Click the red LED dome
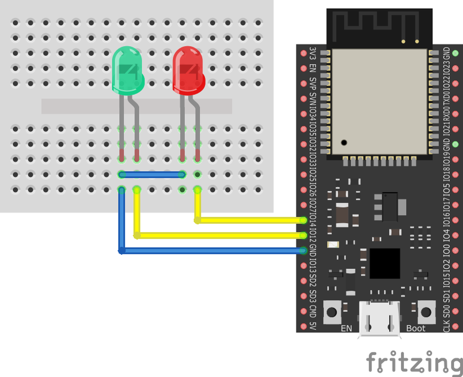point(189,70)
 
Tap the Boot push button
point(426,312)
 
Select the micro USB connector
point(379,320)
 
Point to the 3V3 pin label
point(313,53)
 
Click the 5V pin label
point(313,326)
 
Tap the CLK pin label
point(446,326)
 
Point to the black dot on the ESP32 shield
point(344,143)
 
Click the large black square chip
point(385,263)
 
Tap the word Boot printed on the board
point(415,328)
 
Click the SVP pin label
point(313,84)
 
